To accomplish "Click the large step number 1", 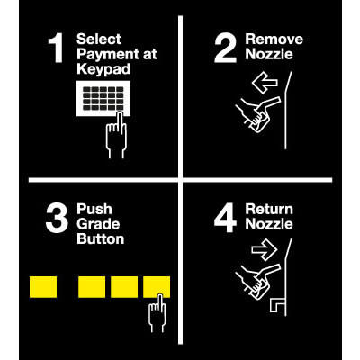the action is (x=56, y=48).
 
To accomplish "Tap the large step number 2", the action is (x=225, y=48).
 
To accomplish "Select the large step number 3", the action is (x=57, y=218).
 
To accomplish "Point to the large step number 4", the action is (x=226, y=218).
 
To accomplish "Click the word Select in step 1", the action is (x=99, y=40).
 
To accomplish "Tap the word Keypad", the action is (x=103, y=69).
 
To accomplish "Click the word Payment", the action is (x=103, y=54).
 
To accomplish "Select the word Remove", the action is (x=274, y=40).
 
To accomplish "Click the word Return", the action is (x=269, y=210).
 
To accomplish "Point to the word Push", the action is (x=94, y=209).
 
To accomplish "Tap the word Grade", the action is (x=98, y=224).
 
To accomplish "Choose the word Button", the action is (x=101, y=239).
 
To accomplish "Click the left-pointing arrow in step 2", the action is (x=265, y=83).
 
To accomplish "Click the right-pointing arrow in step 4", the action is (x=264, y=249).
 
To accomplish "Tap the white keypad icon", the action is (x=103, y=98).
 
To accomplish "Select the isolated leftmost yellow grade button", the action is (x=43, y=287).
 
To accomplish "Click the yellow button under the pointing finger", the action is (x=157, y=287).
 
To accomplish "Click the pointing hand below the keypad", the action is (x=116, y=135).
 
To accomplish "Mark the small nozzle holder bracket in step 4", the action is (x=277, y=305).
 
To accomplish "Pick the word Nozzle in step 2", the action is (x=269, y=54).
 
